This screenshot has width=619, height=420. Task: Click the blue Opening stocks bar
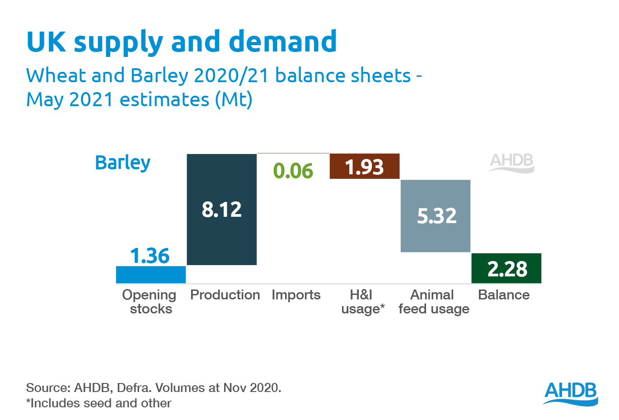(151, 275)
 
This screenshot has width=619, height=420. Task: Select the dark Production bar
(221, 235)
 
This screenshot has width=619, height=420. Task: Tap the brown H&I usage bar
(365, 167)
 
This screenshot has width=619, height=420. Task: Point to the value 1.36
(150, 256)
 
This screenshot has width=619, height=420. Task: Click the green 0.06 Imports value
(293, 171)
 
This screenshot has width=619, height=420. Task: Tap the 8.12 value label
(221, 210)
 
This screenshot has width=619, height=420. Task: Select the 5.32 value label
(436, 216)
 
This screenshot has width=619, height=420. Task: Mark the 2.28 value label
(507, 269)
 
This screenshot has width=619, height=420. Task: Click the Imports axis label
(296, 295)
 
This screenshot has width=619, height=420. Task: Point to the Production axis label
(225, 295)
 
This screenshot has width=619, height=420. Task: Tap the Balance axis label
(504, 295)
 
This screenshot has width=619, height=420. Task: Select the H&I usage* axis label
(362, 302)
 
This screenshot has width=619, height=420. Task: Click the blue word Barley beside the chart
(122, 163)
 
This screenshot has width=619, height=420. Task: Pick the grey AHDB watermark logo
(511, 163)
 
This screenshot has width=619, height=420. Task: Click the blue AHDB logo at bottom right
(571, 393)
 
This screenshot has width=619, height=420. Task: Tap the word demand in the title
(283, 42)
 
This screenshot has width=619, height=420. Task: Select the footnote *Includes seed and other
(98, 403)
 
